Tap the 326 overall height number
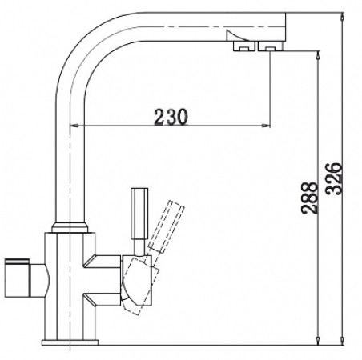point(337,175)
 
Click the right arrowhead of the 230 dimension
point(265,126)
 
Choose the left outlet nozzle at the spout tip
point(240,48)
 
